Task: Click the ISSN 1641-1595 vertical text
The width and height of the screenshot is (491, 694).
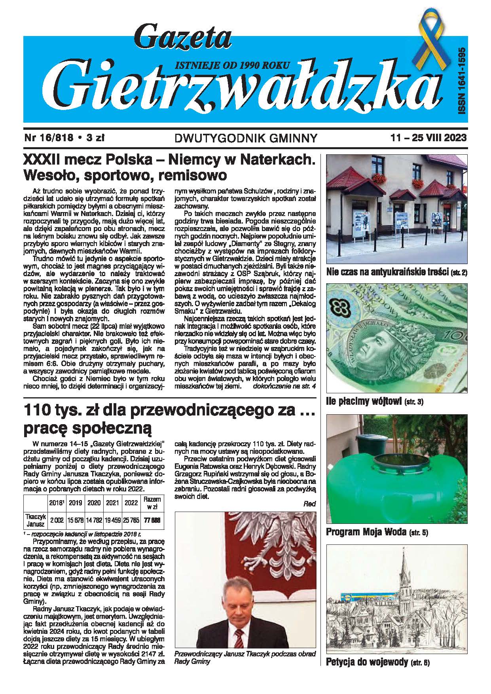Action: [x=461, y=82]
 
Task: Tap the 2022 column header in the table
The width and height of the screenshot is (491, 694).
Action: [x=131, y=502]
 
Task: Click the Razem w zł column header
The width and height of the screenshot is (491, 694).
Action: [x=152, y=502]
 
